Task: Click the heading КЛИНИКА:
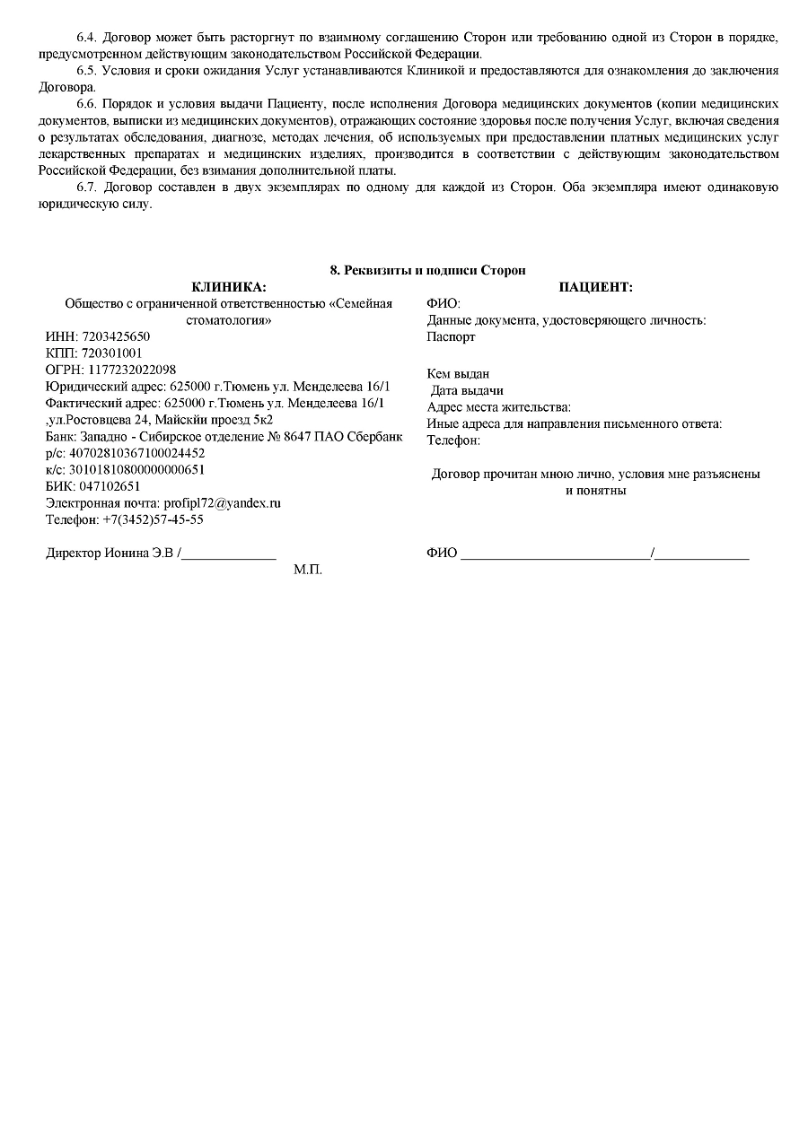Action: coord(229,287)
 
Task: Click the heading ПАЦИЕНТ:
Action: coord(595,287)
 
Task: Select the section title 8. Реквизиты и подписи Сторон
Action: coord(428,270)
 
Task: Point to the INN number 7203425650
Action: coord(116,336)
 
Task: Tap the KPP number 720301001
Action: coord(111,353)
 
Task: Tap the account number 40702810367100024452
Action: coord(136,453)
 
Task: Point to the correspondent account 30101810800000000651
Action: coord(136,469)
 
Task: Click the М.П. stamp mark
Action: coord(307,570)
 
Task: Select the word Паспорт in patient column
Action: coord(451,336)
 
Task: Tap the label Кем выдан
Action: coord(458,374)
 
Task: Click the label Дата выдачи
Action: coord(467,390)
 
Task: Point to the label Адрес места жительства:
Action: coord(498,407)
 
